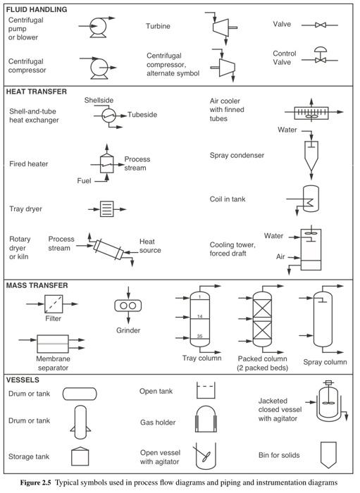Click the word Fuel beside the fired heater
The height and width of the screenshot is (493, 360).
coord(85,180)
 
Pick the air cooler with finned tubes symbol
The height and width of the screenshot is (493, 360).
coord(309,112)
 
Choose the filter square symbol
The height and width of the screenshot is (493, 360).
coord(55,305)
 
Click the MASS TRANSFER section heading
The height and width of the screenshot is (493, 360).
coord(37,285)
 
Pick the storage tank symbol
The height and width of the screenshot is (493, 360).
coord(80,456)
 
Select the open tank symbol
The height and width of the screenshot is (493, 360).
coord(206,390)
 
